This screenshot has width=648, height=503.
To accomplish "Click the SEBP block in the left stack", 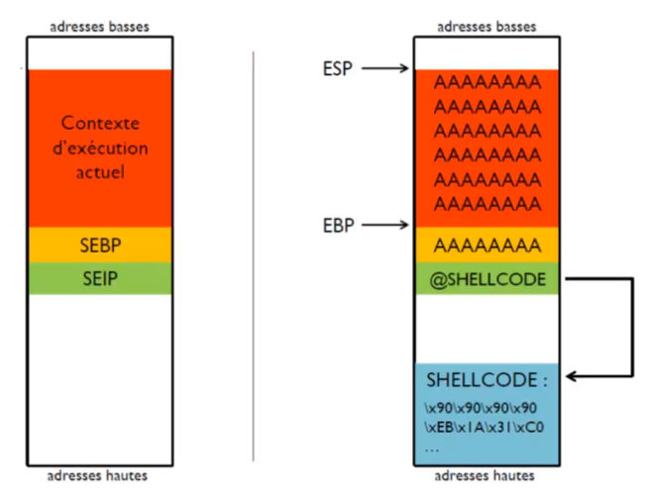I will click(x=99, y=246).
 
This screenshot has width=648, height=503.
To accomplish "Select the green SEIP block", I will click(x=99, y=277).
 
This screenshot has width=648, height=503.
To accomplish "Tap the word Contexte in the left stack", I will click(x=99, y=124).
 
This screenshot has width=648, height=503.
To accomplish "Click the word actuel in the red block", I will click(x=99, y=172).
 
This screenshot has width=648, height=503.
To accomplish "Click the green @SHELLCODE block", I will click(x=486, y=278).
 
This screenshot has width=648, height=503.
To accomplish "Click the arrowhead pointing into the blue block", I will click(x=572, y=376).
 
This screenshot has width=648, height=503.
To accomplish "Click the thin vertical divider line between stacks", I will click(x=255, y=257).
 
